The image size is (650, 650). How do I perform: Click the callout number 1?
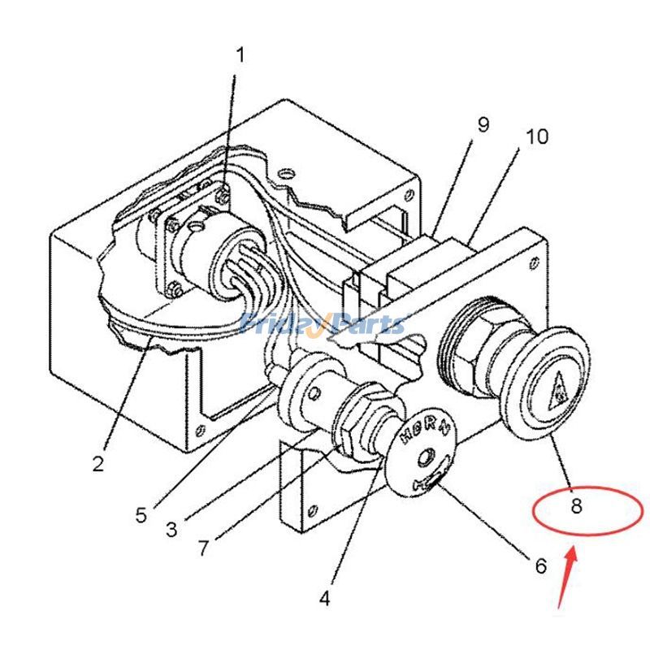240,55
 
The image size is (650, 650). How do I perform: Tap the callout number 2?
97,464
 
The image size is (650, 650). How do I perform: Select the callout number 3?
171,530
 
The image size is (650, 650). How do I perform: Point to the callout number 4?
324,599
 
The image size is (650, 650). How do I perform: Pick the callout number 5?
141,515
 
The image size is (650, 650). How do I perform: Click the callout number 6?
540,566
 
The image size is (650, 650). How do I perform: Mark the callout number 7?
203,547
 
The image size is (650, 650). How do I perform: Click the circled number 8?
576,507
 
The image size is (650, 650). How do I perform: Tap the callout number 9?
483,124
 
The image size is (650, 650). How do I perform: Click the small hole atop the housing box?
284,172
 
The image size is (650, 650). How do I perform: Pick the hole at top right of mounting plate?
535,261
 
